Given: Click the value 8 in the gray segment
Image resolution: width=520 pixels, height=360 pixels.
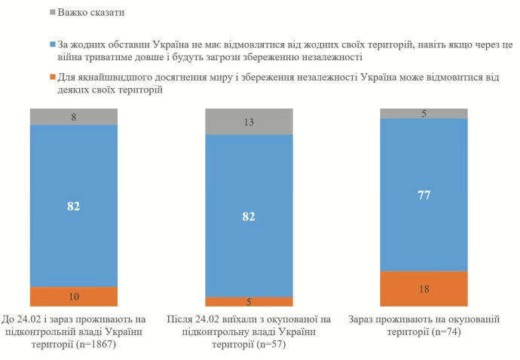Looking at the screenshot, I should [x=73, y=116].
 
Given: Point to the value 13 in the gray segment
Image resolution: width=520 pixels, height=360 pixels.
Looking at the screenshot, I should [x=249, y=121].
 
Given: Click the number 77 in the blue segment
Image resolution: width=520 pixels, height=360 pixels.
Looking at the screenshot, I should [x=424, y=194].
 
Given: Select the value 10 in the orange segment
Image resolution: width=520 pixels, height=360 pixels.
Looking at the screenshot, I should [x=73, y=296].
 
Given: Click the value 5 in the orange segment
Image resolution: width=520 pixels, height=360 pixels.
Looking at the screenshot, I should [x=249, y=301].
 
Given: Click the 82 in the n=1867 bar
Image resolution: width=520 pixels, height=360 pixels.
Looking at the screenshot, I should [x=73, y=205].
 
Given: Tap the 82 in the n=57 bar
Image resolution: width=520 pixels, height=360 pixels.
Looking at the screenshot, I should [x=249, y=215].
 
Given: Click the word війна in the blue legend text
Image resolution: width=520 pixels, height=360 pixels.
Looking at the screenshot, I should [x=72, y=57].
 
